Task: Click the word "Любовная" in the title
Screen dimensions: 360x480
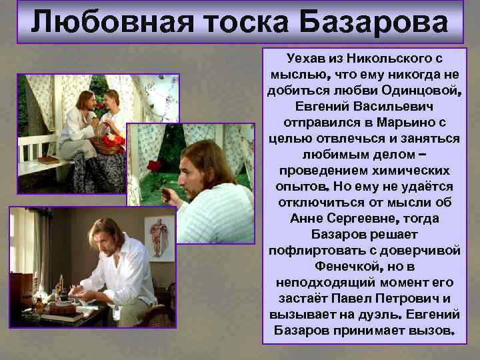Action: tap(103, 22)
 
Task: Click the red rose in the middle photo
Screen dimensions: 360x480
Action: tap(155, 165)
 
